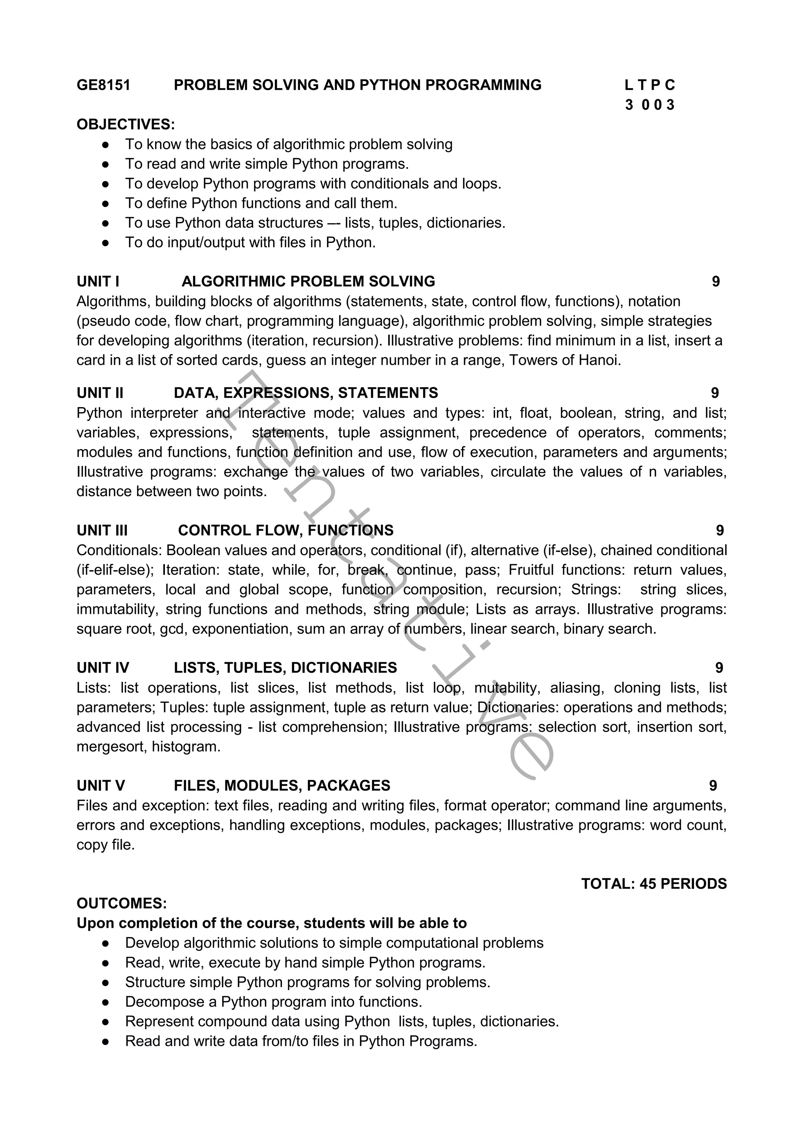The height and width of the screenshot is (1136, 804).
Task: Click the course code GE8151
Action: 104,85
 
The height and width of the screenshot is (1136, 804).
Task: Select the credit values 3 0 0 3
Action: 650,105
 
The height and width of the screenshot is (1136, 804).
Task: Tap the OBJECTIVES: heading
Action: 126,124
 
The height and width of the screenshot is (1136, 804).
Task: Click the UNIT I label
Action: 98,282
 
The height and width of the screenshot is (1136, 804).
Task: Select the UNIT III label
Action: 102,530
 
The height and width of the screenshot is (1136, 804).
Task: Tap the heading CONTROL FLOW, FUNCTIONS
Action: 286,530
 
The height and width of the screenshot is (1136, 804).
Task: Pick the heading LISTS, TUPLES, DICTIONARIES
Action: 285,668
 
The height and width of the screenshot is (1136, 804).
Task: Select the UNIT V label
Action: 100,786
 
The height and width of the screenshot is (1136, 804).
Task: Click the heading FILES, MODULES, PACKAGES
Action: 282,786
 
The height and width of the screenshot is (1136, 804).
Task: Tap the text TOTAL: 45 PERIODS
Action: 654,884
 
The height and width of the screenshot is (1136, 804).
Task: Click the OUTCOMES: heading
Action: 122,903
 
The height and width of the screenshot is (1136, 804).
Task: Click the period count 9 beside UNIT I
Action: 716,282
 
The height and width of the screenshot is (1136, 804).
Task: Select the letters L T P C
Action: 650,85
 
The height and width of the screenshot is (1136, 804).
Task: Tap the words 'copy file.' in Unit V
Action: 106,845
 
